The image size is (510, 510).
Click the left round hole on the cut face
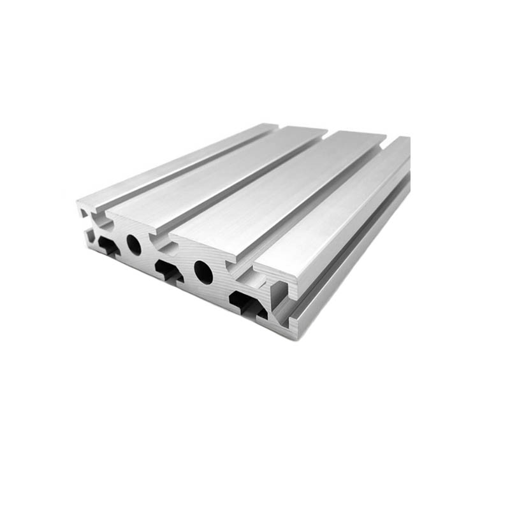134,244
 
